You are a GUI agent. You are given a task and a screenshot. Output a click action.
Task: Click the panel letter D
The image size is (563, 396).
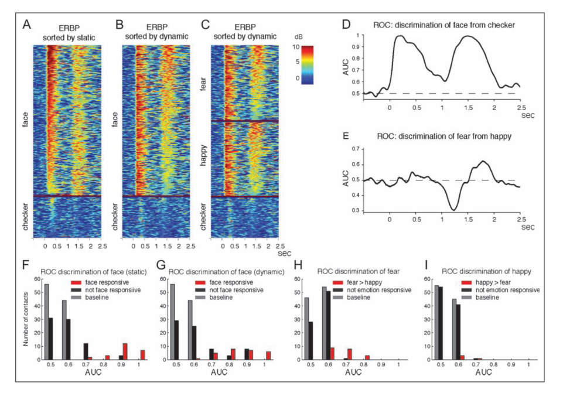coord(346,25)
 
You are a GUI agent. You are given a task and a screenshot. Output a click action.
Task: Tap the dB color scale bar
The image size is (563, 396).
coord(308,65)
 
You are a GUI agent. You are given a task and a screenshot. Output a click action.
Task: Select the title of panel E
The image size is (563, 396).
coord(444,136)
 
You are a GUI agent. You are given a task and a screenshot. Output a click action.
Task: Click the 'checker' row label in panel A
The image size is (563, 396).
coord(26,217)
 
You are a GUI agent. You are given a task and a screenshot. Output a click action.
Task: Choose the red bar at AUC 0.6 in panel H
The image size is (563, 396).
coord(332,353)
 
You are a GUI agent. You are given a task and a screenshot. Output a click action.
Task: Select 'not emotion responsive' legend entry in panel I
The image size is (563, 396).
coord(500,290)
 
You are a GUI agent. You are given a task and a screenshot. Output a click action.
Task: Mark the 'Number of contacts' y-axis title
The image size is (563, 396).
coord(26,318)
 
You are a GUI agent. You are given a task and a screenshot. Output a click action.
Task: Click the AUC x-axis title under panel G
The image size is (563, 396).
coord(219,373)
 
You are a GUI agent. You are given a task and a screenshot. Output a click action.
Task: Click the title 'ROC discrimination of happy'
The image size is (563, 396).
coord(486,271)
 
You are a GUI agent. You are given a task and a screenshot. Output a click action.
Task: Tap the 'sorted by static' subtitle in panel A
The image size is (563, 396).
coord(69,37)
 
